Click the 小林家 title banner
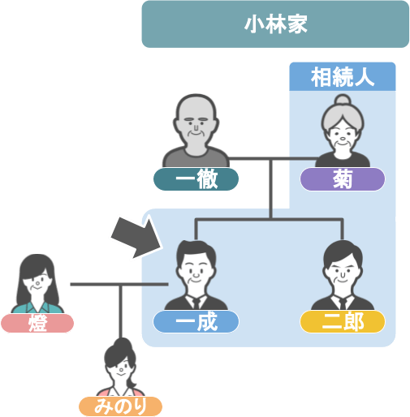[x=275, y=24]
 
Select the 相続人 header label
[x=343, y=77]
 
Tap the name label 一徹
[x=196, y=179]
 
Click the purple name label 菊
[x=343, y=179]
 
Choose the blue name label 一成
[x=196, y=321]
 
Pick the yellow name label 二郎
[x=343, y=321]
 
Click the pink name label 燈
[x=37, y=323]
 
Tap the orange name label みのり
[x=120, y=406]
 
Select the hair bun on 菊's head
[x=343, y=100]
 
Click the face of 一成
[x=196, y=272]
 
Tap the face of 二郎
[x=343, y=272]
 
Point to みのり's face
[x=120, y=368]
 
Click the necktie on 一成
[x=196, y=303]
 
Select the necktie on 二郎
[x=343, y=303]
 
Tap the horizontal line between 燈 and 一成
[x=119, y=284]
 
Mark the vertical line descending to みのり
[x=121, y=312]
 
